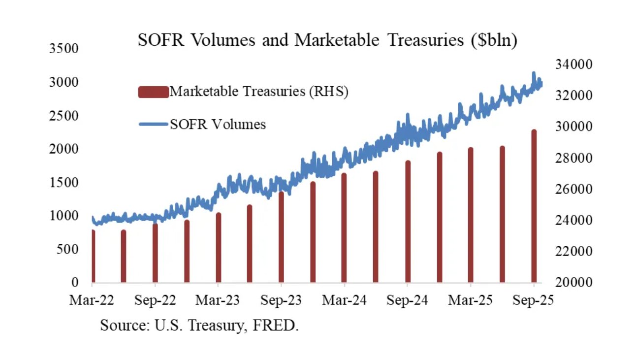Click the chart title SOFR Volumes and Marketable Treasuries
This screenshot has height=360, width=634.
point(327,40)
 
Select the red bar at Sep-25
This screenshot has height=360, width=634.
point(534,207)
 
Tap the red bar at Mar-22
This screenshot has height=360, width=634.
point(93,256)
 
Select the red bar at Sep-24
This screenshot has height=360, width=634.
point(408,222)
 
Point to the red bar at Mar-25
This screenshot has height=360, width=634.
point(471,215)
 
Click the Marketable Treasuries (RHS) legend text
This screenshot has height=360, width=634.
point(259,92)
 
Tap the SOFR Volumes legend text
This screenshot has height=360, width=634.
point(218,124)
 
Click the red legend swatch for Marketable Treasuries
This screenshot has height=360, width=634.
point(154,92)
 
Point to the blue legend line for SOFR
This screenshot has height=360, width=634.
point(154,124)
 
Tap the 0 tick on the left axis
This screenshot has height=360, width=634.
point(75,283)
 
